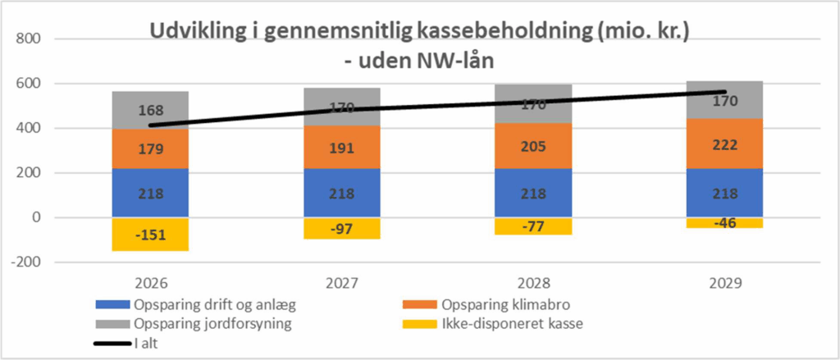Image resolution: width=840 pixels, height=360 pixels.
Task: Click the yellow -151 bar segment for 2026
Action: pos(151,235)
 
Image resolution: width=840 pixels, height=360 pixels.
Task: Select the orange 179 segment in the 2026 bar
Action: pos(151,149)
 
